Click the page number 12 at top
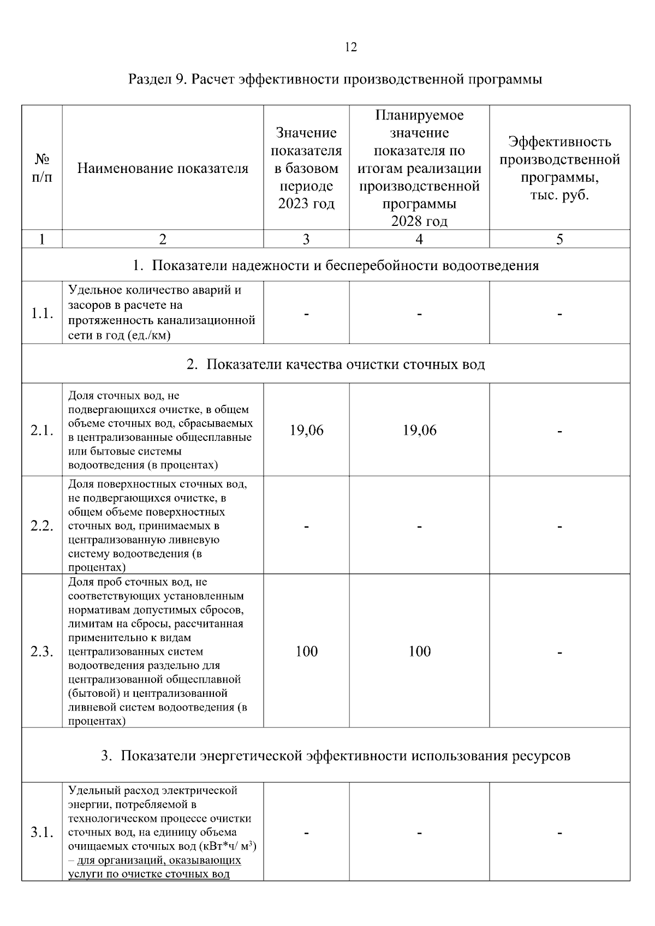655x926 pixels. [x=351, y=47]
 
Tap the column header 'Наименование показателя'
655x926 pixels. [x=163, y=169]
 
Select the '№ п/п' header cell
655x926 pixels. [x=42, y=168]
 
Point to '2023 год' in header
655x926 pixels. [x=306, y=204]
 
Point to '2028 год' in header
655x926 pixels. [x=419, y=221]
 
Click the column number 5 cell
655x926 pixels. [x=559, y=239]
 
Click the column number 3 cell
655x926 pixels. [x=306, y=239]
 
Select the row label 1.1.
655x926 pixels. [x=42, y=313]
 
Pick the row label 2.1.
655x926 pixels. [x=42, y=431]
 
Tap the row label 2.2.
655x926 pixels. [x=42, y=526]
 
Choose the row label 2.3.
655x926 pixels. [x=42, y=652]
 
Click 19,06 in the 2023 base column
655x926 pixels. [x=306, y=431]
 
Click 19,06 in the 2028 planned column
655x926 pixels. [x=419, y=431]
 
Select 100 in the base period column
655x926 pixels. [x=306, y=652]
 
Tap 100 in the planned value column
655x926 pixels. [x=419, y=652]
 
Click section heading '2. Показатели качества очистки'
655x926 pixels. [x=335, y=364]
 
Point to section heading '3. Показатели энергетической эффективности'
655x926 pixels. [x=335, y=756]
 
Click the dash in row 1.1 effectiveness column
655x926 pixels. [x=559, y=314]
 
